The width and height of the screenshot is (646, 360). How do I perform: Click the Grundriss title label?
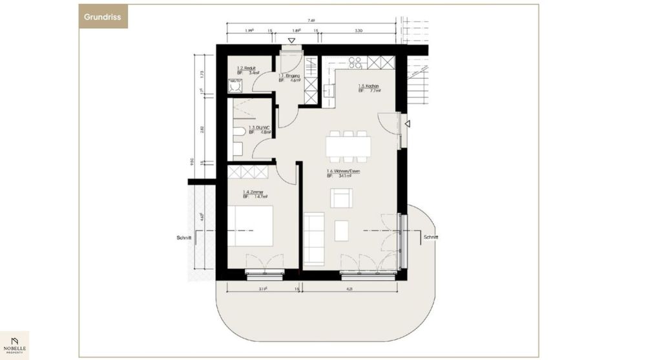(x=103, y=16)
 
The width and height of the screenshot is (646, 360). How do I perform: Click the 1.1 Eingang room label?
(x=289, y=78)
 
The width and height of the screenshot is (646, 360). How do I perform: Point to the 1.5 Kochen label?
(x=369, y=89)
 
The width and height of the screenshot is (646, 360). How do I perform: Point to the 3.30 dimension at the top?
(x=359, y=30)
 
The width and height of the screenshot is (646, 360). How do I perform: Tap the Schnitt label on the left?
(x=184, y=237)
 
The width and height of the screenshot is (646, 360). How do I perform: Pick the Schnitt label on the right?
(x=431, y=237)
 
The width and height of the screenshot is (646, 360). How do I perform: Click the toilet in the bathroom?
(x=238, y=133)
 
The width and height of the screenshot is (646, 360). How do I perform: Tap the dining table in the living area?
(x=348, y=146)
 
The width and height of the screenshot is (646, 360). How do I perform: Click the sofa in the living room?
(x=314, y=238)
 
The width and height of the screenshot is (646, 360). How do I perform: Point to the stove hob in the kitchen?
(x=355, y=63)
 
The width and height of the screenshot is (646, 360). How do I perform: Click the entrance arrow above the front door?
(x=291, y=41)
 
